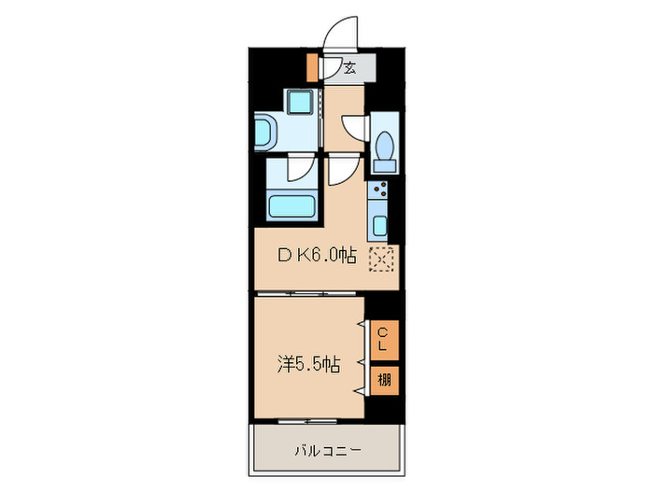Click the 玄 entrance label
pyautogui.click(x=350, y=67)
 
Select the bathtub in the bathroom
pyautogui.click(x=291, y=206)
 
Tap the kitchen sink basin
pyautogui.click(x=381, y=224)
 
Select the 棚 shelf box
pyautogui.click(x=384, y=380)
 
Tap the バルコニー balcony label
pyautogui.click(x=326, y=451)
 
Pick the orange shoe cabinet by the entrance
pyautogui.click(x=312, y=67)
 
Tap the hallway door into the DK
pyautogui.click(x=342, y=169)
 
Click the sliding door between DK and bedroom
pyautogui.click(x=308, y=293)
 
